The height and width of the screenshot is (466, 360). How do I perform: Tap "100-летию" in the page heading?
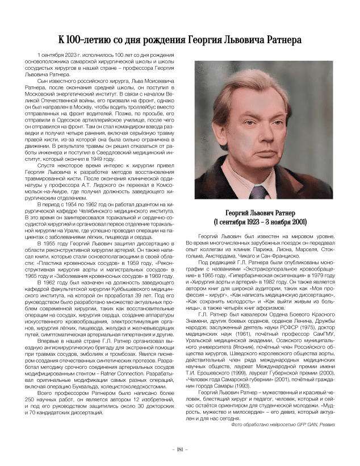tap(93, 40)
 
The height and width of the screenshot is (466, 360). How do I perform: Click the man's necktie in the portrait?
tap(262, 188)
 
